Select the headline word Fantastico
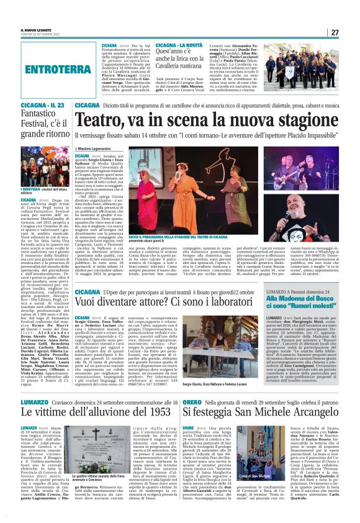37,115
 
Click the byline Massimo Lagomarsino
102,149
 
